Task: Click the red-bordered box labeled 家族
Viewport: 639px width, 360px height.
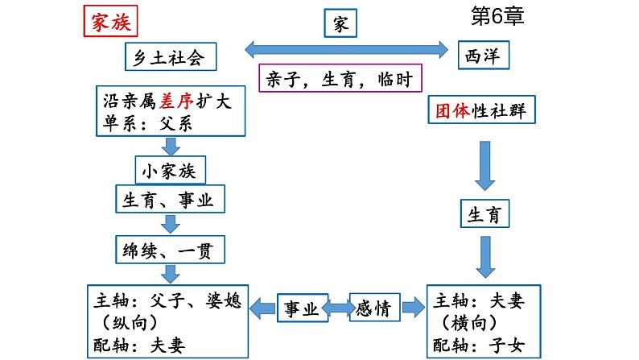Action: [x=110, y=23]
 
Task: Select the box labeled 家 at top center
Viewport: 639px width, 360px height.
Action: [x=341, y=24]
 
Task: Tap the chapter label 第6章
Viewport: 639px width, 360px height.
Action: [x=496, y=17]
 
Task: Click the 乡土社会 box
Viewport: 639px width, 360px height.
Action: [x=171, y=57]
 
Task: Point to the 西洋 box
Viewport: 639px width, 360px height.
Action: [x=484, y=56]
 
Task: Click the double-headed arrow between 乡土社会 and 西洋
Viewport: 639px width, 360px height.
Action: [x=346, y=50]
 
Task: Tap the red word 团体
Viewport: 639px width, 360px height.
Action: [x=450, y=110]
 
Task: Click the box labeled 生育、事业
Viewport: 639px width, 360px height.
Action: [x=169, y=201]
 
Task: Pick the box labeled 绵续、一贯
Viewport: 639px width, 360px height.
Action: [x=169, y=249]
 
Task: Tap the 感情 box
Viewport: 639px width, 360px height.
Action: [x=377, y=307]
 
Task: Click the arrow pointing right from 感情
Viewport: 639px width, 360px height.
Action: [x=414, y=307]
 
